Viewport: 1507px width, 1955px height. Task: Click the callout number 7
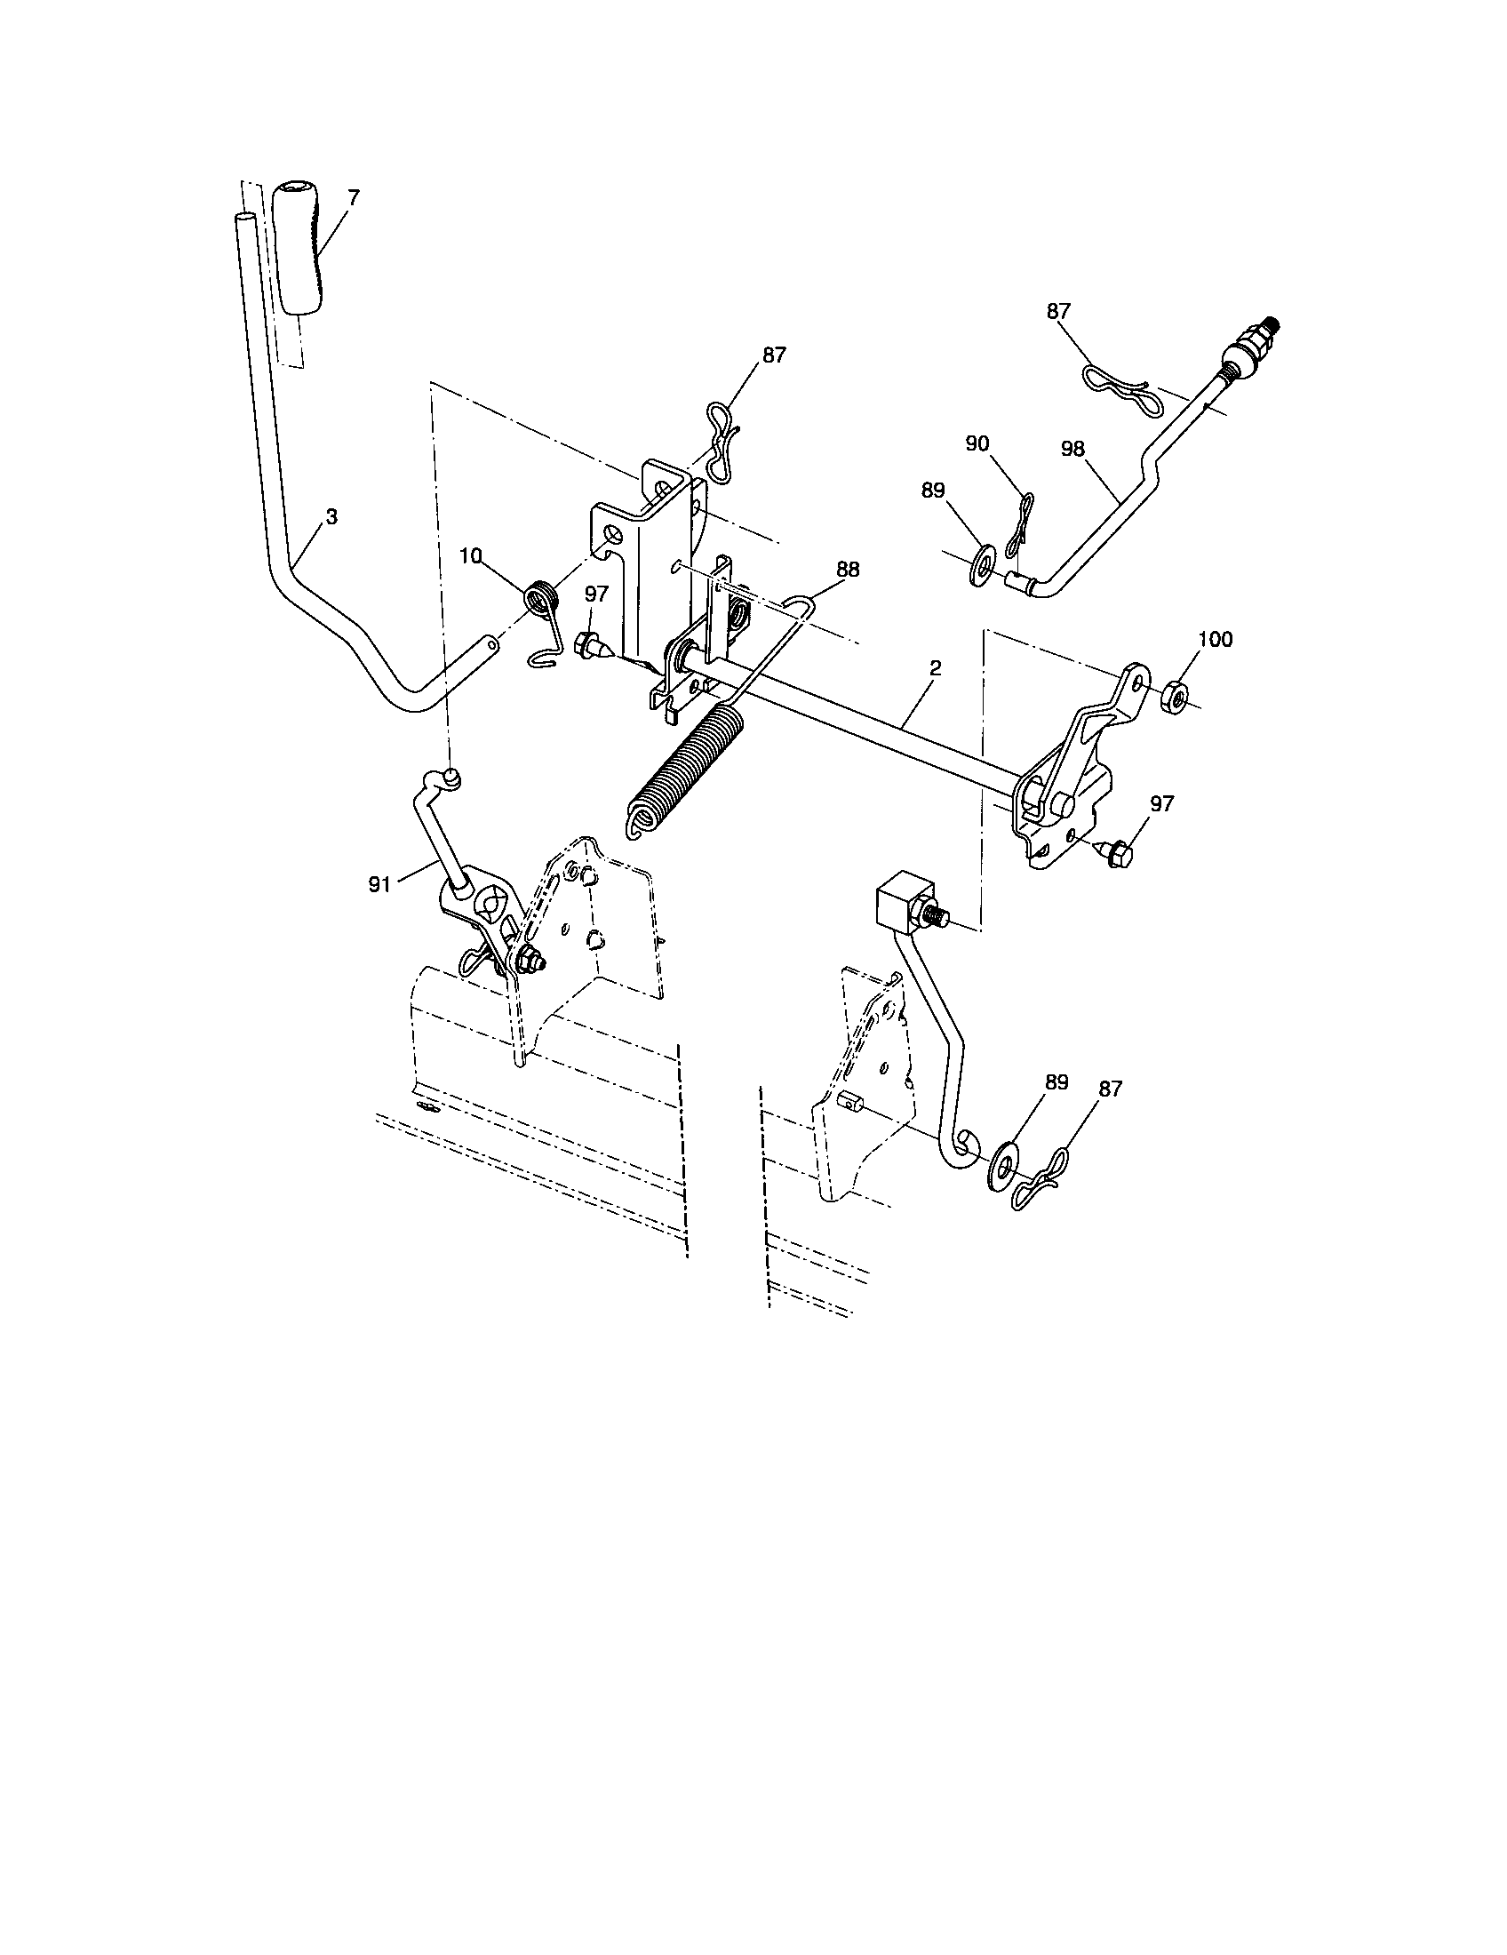click(353, 198)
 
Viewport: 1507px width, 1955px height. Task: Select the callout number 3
click(331, 516)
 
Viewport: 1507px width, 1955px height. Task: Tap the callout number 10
click(471, 556)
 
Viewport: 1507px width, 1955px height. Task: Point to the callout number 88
click(848, 568)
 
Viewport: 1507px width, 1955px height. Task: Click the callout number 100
click(1215, 639)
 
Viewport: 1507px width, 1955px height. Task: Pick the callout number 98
click(1073, 449)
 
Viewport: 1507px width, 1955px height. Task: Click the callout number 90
click(978, 444)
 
